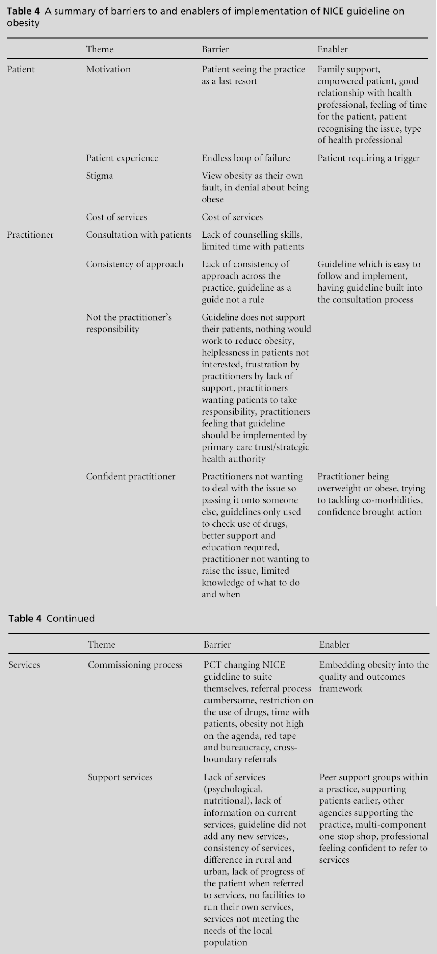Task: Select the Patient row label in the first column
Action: [21, 69]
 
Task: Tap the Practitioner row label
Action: [30, 235]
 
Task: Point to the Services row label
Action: [24, 665]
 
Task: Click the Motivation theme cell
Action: [108, 69]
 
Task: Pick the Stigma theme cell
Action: [99, 176]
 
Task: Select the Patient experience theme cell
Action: [122, 158]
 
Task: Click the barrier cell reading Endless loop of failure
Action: [246, 158]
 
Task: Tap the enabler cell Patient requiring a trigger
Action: [369, 158]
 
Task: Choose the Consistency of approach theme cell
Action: [135, 264]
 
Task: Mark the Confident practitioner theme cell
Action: [131, 476]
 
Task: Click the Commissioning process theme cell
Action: [135, 665]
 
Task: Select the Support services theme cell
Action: [120, 777]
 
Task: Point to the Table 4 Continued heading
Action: [52, 619]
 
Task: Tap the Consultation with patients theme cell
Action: [139, 235]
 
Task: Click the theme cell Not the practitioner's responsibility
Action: [128, 323]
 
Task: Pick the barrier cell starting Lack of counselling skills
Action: [253, 241]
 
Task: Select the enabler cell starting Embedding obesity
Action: [374, 677]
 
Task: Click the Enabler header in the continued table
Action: [334, 645]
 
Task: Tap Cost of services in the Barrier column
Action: [232, 217]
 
